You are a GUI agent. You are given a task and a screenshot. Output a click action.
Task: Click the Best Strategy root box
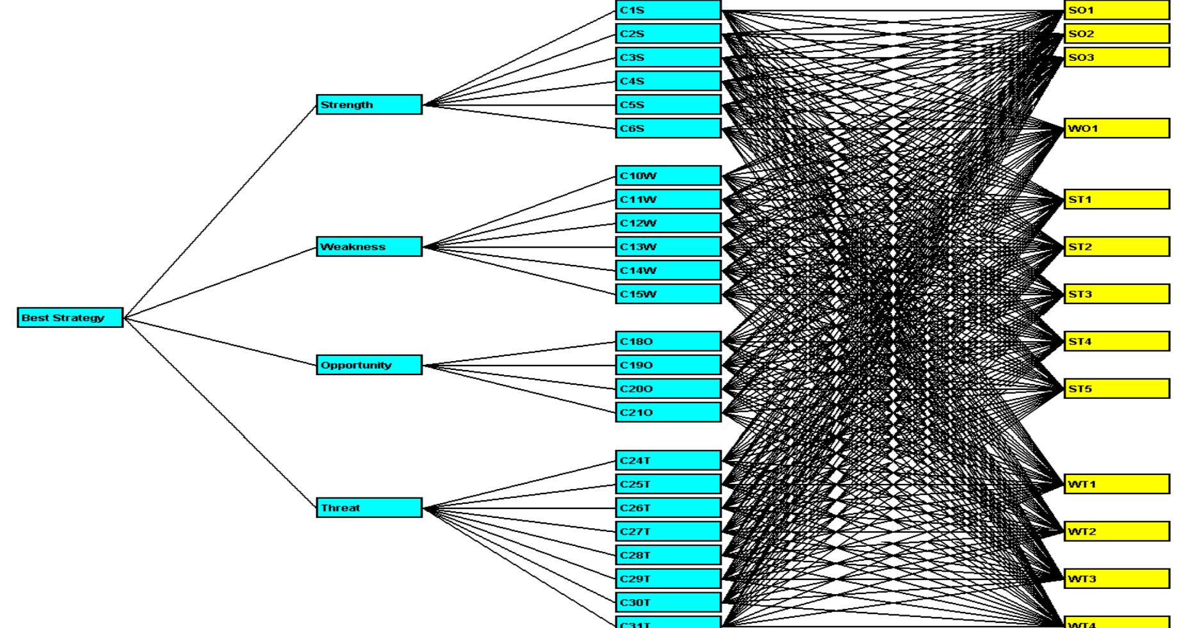[x=70, y=318]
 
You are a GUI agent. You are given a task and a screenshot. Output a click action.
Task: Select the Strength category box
[x=369, y=104]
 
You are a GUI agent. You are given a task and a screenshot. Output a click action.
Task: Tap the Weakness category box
[x=369, y=246]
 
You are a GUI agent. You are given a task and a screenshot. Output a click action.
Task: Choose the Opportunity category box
[x=369, y=365]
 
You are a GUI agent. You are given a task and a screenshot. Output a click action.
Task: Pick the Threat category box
[x=369, y=508]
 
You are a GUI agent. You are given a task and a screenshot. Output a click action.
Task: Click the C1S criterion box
[x=668, y=10]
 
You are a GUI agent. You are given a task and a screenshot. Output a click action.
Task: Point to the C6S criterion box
[x=668, y=128]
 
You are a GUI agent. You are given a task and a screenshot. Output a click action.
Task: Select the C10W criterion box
[x=668, y=175]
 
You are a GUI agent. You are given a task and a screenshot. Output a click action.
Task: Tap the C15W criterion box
[x=668, y=294]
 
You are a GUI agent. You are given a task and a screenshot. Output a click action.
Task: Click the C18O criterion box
[x=668, y=341]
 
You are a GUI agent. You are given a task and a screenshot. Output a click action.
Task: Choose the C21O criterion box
[x=668, y=412]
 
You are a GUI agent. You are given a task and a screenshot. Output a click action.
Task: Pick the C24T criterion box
[x=668, y=460]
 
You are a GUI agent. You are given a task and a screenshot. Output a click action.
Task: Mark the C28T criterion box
[x=668, y=555]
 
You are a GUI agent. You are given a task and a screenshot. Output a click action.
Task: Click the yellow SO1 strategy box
[x=1116, y=10]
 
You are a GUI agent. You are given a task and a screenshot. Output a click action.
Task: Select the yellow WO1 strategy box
[x=1116, y=128]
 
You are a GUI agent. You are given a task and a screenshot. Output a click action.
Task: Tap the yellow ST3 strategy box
[x=1116, y=294]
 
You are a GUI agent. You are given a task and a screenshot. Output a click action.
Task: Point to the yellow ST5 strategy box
[x=1116, y=389]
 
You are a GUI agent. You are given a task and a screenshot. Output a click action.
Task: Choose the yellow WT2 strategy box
[x=1116, y=531]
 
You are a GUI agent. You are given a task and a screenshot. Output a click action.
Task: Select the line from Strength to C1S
[x=519, y=58]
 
